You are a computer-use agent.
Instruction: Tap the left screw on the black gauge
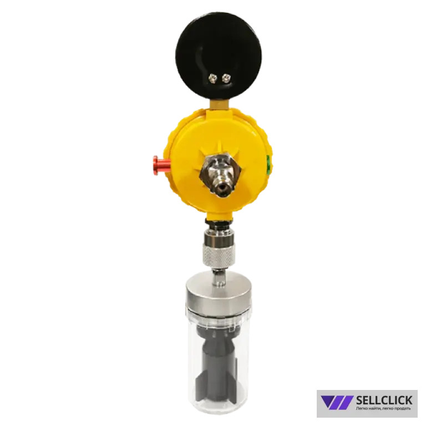coord(212,79)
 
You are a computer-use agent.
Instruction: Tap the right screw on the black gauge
coord(225,79)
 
